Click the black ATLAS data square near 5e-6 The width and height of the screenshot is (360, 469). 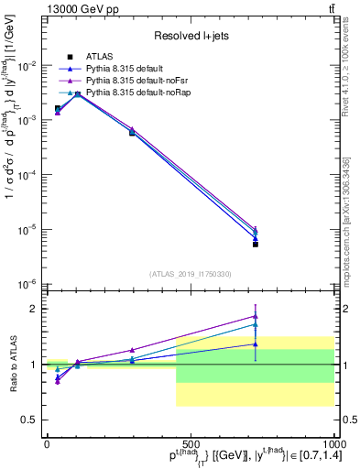(256, 244)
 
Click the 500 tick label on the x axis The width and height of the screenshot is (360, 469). (190, 443)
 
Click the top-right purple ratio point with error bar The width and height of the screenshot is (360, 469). (256, 316)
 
